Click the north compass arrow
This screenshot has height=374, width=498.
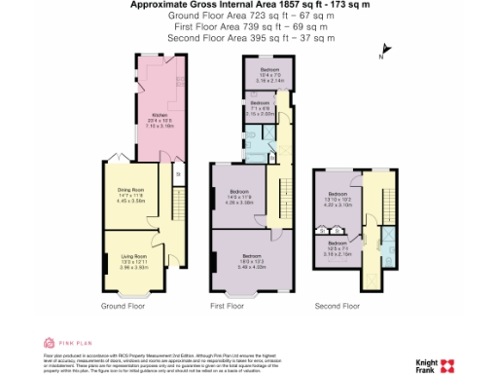coord(385,51)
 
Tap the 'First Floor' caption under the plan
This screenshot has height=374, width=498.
coord(228,306)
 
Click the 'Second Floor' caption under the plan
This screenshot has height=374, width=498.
coord(336,306)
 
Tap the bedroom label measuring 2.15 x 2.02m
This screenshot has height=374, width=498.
coord(258,108)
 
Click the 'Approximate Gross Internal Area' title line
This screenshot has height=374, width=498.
coord(250,6)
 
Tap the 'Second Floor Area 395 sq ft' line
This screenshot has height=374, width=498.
coord(250,38)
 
